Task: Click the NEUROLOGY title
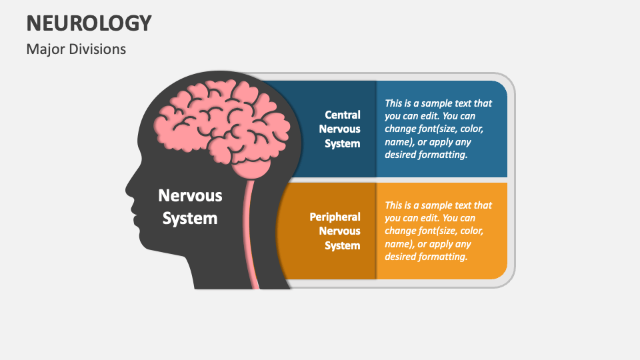tap(89, 23)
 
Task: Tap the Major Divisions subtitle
tap(76, 49)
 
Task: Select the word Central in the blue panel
tap(343, 115)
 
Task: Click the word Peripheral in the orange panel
tap(335, 217)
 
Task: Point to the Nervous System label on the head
tap(190, 207)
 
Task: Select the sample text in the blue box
tap(438, 129)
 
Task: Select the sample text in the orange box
tap(438, 231)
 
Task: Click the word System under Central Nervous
tap(343, 143)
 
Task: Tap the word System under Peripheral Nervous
tap(343, 245)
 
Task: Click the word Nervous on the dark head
tap(190, 195)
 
